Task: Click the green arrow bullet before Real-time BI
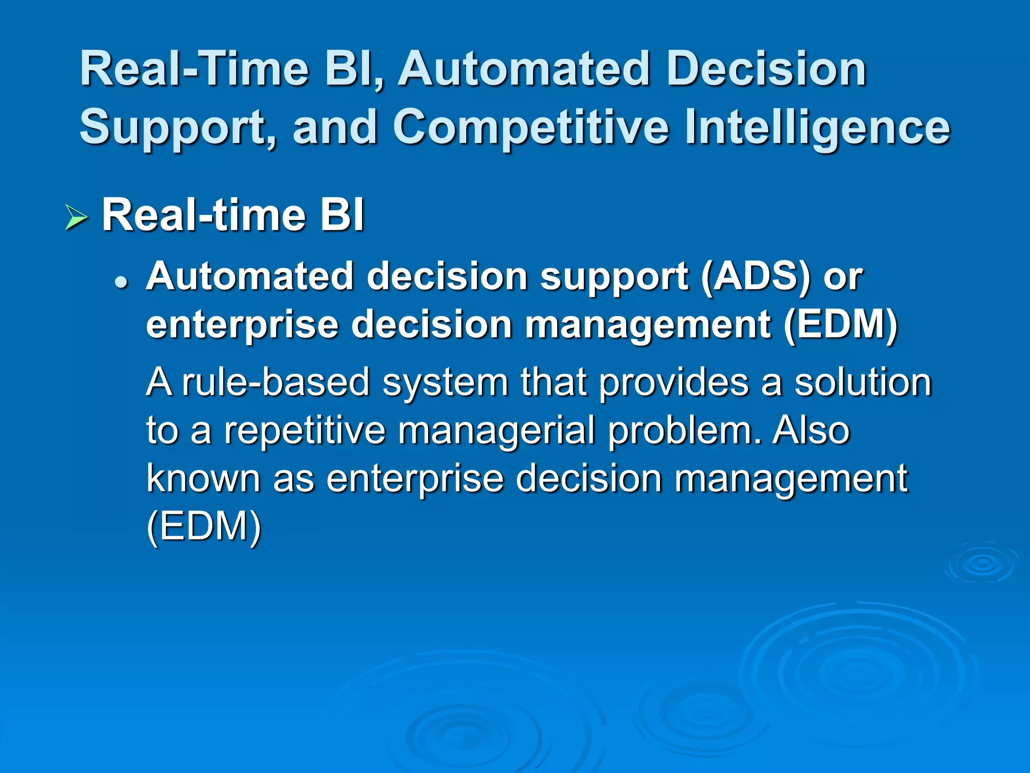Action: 76,218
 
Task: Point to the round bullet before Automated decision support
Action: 121,283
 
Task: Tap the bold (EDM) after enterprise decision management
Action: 840,324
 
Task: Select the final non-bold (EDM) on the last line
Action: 204,526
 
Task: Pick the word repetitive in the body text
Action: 304,430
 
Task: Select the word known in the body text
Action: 203,478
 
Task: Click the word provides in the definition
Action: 674,382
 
